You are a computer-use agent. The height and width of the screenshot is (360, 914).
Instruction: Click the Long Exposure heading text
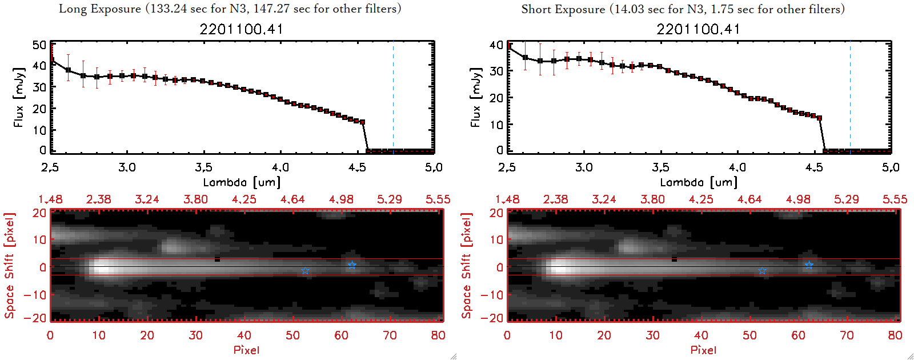tap(230, 9)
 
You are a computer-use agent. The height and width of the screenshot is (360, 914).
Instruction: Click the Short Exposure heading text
tap(683, 9)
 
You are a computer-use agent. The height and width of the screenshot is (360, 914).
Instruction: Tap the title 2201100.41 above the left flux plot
tap(241, 29)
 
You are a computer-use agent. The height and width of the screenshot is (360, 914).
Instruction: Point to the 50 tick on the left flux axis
tap(39, 45)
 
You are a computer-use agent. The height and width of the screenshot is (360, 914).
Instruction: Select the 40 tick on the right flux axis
tap(496, 45)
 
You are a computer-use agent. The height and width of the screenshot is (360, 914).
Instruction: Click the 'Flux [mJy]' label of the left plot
tap(19, 97)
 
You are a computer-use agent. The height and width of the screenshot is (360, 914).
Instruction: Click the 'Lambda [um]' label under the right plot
tap(699, 182)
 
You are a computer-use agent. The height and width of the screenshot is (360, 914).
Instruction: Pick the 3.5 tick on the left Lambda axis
tap(203, 167)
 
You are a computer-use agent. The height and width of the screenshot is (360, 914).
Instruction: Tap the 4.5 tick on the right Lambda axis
tap(814, 167)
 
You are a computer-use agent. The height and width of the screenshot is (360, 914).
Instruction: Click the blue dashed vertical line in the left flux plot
tap(393, 97)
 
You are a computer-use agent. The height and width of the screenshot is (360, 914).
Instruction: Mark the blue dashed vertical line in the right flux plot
tap(850, 97)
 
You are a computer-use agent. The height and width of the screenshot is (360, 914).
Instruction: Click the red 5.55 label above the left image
tap(438, 199)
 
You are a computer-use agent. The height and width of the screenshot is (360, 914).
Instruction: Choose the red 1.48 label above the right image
tap(507, 199)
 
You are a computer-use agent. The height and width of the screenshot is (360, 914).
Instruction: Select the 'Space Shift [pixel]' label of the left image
tap(9, 266)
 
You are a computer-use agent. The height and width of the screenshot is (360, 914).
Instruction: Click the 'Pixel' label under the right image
tap(703, 350)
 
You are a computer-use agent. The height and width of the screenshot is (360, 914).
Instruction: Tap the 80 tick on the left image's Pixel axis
tap(438, 335)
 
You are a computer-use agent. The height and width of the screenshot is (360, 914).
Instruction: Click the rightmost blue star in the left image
tap(352, 265)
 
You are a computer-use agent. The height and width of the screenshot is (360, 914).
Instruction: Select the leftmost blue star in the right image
tap(762, 271)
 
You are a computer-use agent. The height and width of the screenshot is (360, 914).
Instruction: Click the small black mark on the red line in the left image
tap(217, 259)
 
